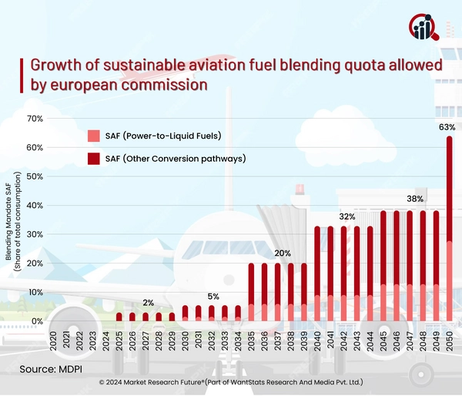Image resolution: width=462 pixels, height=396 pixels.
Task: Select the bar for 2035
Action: coord(251,293)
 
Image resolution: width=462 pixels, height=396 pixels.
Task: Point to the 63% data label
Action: coord(447,126)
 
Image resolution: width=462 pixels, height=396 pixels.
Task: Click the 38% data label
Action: coord(415,199)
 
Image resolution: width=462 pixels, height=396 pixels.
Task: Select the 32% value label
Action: coord(346,216)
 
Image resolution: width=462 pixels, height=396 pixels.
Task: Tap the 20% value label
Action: coord(283,253)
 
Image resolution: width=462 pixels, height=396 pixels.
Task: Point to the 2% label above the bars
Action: coord(147,303)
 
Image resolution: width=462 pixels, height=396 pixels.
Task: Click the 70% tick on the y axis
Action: coord(35,119)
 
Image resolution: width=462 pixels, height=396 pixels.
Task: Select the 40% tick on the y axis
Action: coord(35,206)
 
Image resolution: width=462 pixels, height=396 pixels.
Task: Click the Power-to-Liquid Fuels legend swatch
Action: coord(94,136)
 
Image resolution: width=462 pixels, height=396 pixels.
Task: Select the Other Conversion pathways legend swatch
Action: coord(94,159)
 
